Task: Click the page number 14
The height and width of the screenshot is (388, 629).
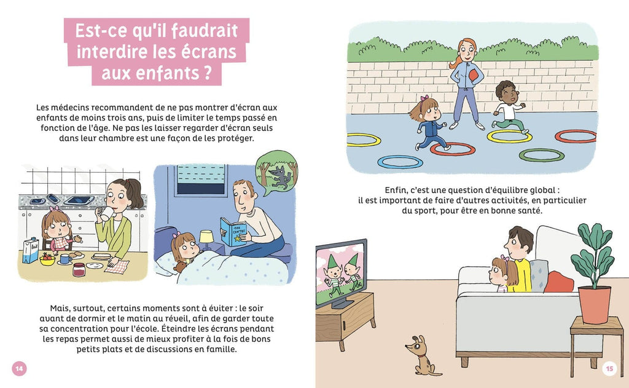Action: (19, 368)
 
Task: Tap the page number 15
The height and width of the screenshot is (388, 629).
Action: (609, 368)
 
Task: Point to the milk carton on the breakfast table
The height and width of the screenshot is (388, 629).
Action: (30, 250)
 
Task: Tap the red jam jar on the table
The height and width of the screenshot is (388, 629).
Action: (79, 269)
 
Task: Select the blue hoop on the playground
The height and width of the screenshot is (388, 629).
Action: (400, 162)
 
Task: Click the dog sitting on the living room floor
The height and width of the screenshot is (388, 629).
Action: (422, 356)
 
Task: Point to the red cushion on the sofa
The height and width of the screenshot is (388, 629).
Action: (558, 282)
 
